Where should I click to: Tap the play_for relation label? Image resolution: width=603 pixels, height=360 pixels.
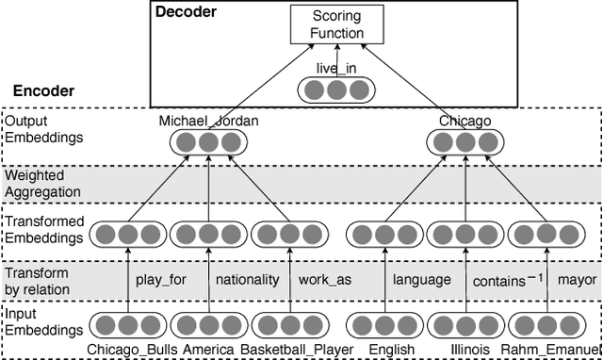pos(162,280)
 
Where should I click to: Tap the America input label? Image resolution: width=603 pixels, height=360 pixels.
pos(209,351)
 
